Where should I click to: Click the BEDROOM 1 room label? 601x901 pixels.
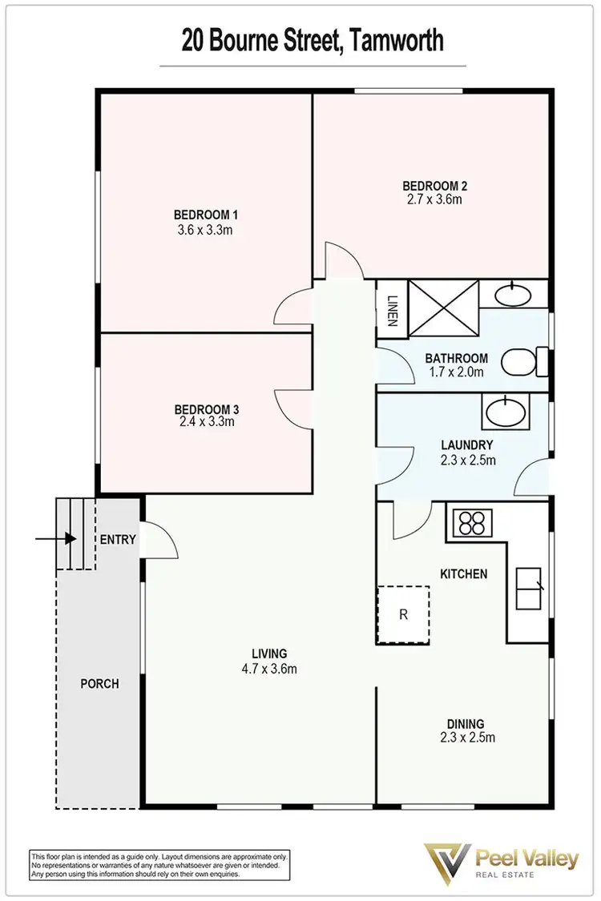click(207, 215)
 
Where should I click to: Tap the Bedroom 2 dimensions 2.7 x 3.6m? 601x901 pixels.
click(434, 199)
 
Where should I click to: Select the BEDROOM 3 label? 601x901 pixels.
click(207, 409)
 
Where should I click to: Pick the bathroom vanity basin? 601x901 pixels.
click(512, 294)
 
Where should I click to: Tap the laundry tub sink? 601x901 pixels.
click(506, 413)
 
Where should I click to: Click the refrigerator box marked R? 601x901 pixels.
click(403, 615)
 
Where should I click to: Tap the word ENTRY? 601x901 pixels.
click(118, 540)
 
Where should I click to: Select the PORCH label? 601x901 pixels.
click(100, 684)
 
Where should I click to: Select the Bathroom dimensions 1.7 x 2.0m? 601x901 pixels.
click(457, 372)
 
